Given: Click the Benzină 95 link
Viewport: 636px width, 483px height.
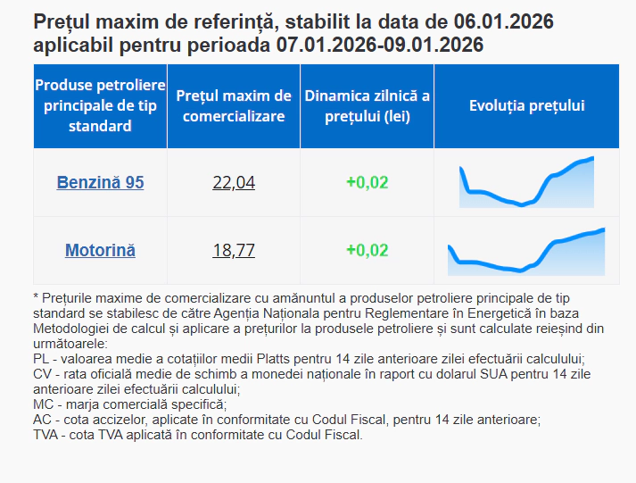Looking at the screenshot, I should (100, 182).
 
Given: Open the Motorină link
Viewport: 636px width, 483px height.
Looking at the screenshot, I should (100, 250).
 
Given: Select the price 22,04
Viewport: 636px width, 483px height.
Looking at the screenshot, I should (234, 182).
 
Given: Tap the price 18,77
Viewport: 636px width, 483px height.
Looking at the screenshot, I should (234, 250).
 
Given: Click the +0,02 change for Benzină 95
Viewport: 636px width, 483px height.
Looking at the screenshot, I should (367, 182).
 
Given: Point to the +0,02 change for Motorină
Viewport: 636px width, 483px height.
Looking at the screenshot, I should (367, 250).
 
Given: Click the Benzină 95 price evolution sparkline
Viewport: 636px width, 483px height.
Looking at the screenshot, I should (526, 182).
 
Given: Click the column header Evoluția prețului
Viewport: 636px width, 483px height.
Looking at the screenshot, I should (526, 105).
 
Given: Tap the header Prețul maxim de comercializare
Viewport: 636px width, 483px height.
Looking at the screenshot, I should (234, 105).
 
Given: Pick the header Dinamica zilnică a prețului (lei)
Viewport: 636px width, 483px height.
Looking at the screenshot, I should (367, 105).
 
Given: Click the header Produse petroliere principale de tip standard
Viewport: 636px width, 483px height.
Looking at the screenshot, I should (100, 105).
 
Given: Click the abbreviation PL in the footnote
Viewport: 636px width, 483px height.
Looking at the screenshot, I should (40, 359).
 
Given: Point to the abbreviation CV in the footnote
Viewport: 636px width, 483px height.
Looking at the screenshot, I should (41, 374).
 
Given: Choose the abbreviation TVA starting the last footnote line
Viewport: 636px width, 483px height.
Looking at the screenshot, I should (45, 435).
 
